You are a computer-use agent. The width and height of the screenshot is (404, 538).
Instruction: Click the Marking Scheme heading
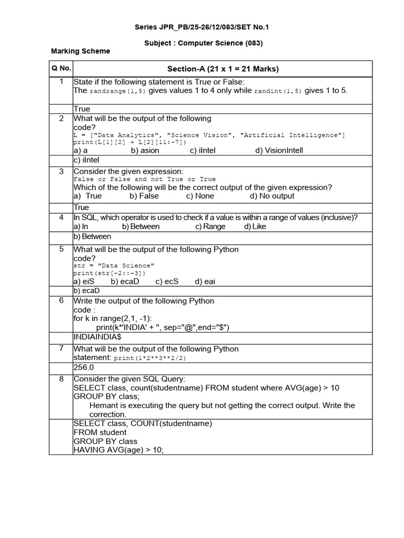[x=80, y=51]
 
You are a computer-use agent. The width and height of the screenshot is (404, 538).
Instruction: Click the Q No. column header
[x=61, y=68]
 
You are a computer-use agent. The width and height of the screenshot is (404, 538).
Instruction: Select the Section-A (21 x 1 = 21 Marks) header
[x=223, y=69]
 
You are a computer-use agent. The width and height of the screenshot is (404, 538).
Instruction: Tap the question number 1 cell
[x=61, y=81]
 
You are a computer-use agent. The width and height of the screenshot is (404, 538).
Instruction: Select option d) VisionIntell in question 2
[x=279, y=150]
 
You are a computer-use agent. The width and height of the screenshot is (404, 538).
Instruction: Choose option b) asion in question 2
[x=145, y=150]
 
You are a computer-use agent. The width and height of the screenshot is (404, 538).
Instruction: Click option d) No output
[x=272, y=196]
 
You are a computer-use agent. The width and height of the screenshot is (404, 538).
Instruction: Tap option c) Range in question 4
[x=210, y=226]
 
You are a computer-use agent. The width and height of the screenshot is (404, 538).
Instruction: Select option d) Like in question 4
[x=255, y=226]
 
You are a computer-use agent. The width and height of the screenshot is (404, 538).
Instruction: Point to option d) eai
[x=205, y=281]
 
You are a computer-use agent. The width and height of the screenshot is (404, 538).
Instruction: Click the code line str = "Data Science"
[x=114, y=266]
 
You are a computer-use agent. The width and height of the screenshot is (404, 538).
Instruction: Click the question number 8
[x=61, y=379]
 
